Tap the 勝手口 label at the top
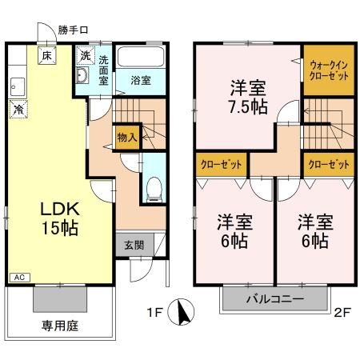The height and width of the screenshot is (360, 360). point(73,30)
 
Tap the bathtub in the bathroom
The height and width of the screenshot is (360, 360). point(139,58)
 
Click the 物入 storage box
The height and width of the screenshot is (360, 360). point(126,137)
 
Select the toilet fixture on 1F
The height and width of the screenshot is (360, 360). point(154,187)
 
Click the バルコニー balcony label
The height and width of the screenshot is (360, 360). point(274,300)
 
